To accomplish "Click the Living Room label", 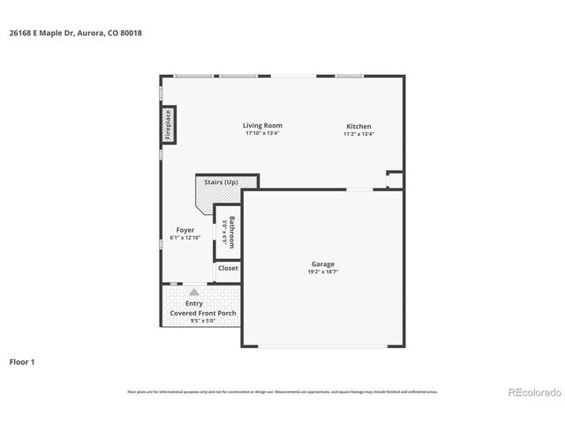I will click(262, 125).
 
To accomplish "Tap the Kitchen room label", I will click(358, 126).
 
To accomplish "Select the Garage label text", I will click(322, 263).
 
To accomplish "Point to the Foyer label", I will click(185, 230).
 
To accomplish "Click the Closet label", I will click(228, 268).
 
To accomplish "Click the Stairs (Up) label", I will click(221, 182).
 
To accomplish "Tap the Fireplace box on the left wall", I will click(167, 124).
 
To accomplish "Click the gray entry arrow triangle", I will click(194, 291).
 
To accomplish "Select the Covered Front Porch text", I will click(202, 313).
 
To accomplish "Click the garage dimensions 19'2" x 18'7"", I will click(322, 271).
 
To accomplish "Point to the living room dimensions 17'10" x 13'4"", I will click(262, 133).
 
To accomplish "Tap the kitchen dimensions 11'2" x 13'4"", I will click(358, 134).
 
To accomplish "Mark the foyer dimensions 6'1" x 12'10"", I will click(185, 238).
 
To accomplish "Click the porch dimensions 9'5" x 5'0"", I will click(202, 321).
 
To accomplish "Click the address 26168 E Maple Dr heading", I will click(75, 33).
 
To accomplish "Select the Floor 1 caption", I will click(24, 361).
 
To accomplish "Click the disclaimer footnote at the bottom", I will click(282, 391).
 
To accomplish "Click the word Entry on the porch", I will click(194, 303).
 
